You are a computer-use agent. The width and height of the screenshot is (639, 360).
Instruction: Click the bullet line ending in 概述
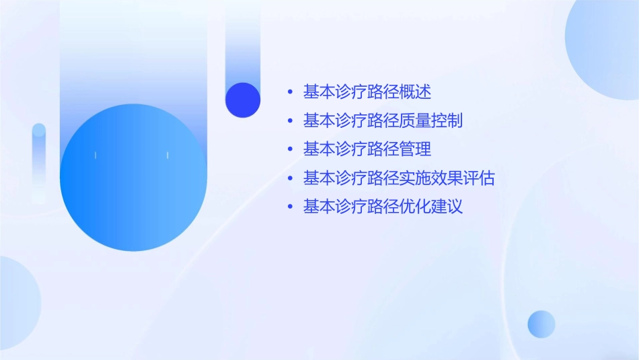click(x=367, y=92)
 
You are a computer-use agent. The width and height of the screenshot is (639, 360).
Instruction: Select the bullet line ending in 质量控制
click(x=383, y=121)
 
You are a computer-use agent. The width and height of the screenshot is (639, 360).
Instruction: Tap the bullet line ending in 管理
click(x=367, y=149)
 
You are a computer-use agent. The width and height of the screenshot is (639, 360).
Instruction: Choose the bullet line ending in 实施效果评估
click(x=399, y=178)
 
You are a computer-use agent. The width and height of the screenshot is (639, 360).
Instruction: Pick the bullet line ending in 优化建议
click(x=383, y=207)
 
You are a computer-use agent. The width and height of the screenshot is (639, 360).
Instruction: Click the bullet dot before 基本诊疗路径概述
click(x=290, y=92)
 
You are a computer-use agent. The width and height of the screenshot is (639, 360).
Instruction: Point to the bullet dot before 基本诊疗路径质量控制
click(x=290, y=122)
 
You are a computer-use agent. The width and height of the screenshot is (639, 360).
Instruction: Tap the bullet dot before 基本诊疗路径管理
click(x=290, y=149)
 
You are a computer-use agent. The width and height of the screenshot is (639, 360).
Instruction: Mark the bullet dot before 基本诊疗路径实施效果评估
click(x=290, y=179)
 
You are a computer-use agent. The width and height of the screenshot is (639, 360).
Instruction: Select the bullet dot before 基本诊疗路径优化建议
click(x=290, y=207)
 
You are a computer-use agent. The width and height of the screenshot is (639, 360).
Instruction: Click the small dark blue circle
click(x=243, y=100)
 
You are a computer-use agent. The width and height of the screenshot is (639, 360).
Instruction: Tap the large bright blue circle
click(x=133, y=178)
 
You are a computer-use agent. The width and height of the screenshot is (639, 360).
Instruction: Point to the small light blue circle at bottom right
click(x=541, y=324)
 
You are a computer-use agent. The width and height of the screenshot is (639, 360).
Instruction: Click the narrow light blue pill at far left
click(x=39, y=161)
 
